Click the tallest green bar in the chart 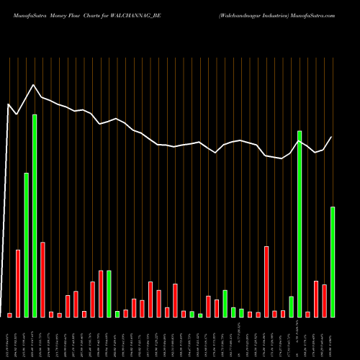35,215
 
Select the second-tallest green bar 300,223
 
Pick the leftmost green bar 26,245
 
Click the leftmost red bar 10,315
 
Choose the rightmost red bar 324,300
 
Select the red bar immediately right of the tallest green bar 43,279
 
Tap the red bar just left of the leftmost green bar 18,283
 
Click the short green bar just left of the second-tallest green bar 291,306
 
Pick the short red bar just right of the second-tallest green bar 307,314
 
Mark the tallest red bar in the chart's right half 266,282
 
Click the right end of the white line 332,137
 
